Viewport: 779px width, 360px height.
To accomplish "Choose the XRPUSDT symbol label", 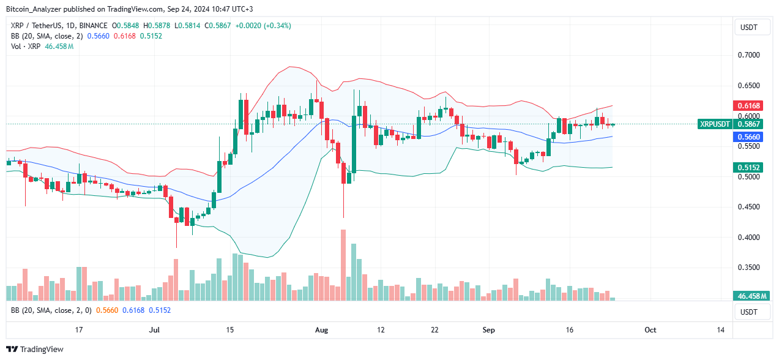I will (715, 124).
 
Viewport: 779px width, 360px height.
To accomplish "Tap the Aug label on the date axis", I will (322, 330).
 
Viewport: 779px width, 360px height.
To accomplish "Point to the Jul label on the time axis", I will (154, 330).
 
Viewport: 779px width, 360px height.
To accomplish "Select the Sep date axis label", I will (489, 330).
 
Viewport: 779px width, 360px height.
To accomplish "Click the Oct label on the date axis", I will (650, 330).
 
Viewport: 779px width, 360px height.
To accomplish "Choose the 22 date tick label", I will (434, 330).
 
